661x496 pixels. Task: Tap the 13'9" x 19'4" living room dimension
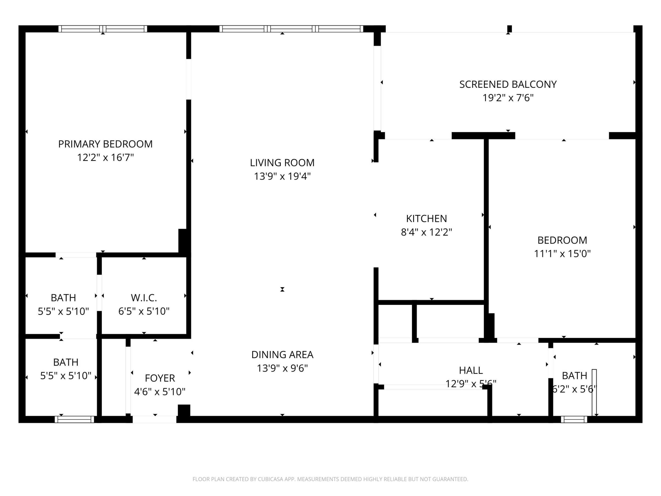point(282,176)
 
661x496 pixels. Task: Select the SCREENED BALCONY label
point(508,84)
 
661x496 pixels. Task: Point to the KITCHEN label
point(426,219)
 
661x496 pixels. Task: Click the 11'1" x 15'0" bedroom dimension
point(562,254)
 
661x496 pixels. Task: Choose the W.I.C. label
point(144,298)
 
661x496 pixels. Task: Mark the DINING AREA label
point(282,355)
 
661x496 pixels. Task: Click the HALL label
point(471,370)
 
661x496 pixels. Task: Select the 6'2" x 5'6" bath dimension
point(574,389)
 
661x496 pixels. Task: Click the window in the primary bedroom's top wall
point(103,29)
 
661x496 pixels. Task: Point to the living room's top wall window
point(291,29)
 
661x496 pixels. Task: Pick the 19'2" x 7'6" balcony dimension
point(508,98)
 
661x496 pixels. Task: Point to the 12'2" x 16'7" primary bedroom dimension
point(105,158)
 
